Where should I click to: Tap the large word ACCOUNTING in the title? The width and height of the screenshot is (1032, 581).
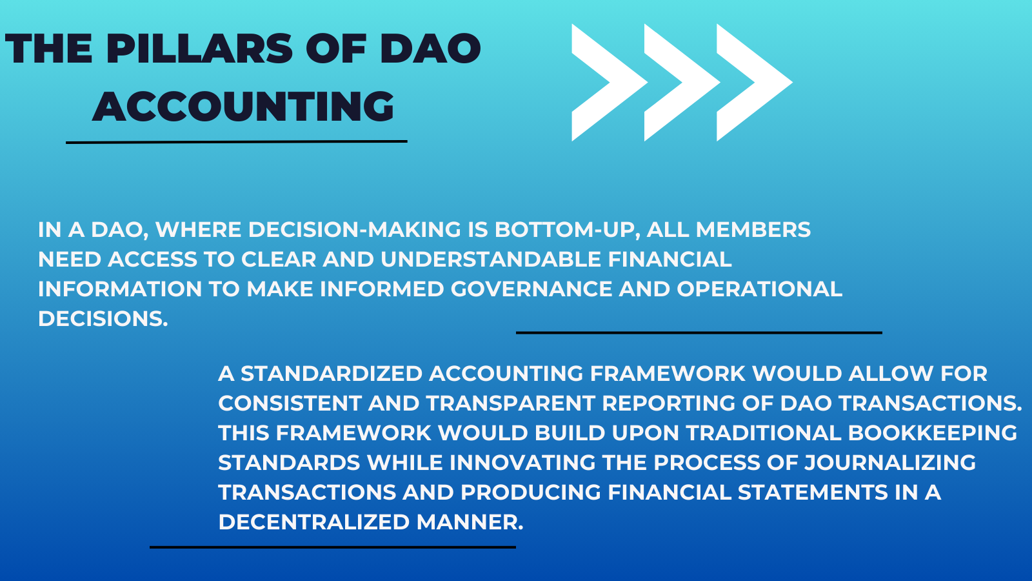(243, 107)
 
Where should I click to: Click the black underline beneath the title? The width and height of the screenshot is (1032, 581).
(236, 141)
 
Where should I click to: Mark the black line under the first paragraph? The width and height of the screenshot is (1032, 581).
(699, 332)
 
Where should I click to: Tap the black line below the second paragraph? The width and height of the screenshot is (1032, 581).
(333, 547)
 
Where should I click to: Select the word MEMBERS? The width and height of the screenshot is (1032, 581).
(753, 230)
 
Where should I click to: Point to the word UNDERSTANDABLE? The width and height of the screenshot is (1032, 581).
(491, 259)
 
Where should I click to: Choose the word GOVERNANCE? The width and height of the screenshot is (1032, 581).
(531, 289)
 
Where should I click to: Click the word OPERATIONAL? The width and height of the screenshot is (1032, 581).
(759, 289)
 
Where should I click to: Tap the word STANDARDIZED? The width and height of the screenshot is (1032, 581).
(332, 374)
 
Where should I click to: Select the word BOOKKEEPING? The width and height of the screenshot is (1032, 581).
(933, 433)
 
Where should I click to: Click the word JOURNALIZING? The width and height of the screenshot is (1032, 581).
(890, 462)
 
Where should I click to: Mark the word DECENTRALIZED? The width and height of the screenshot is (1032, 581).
(313, 522)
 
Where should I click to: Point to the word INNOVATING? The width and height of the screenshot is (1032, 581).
(522, 462)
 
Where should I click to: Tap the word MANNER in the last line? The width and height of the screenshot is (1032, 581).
(470, 522)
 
